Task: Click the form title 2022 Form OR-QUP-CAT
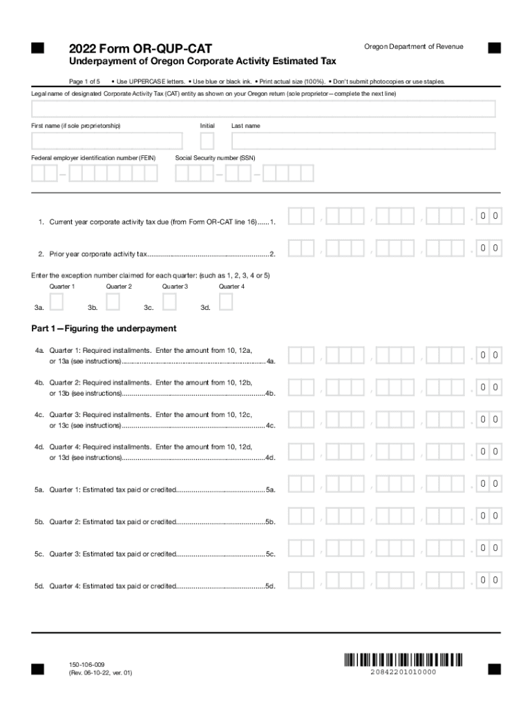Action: click(x=140, y=48)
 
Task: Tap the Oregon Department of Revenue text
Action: click(x=413, y=46)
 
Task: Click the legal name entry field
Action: click(x=263, y=109)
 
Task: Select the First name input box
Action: click(x=107, y=141)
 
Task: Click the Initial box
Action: click(x=207, y=141)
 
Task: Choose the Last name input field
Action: click(x=363, y=141)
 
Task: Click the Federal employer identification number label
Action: click(x=93, y=158)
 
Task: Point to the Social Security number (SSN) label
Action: click(x=215, y=158)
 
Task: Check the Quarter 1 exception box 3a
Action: click(x=57, y=302)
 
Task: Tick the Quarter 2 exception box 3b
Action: click(x=113, y=302)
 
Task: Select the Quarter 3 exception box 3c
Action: click(x=169, y=302)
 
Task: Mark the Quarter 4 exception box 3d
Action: click(x=226, y=302)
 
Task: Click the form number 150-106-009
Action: click(x=87, y=664)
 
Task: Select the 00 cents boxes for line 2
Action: click(x=490, y=248)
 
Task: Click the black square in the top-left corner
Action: click(x=37, y=48)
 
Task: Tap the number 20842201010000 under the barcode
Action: click(x=403, y=672)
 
